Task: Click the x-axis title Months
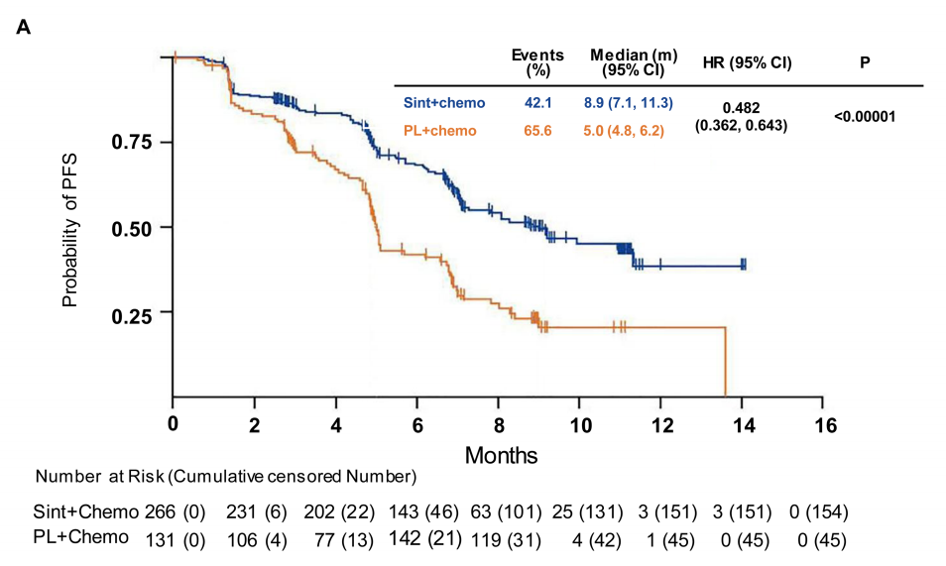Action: click(x=503, y=455)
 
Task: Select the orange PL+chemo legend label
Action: click(x=439, y=130)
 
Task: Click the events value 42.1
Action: click(x=538, y=103)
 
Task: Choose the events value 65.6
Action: click(x=538, y=130)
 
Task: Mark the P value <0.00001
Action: click(x=865, y=116)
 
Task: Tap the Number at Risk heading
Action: click(x=226, y=477)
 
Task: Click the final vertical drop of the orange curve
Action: click(x=727, y=362)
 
